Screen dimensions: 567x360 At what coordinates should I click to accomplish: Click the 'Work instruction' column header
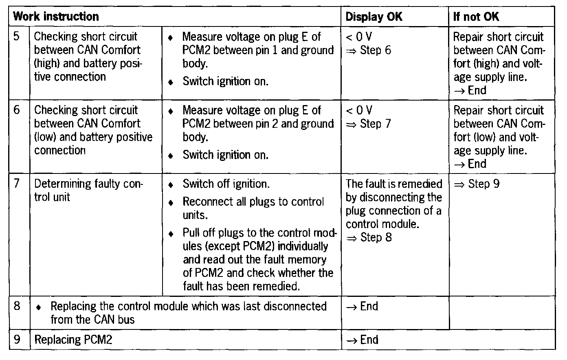point(56,17)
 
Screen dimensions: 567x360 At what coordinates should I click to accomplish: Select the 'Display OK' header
point(374,17)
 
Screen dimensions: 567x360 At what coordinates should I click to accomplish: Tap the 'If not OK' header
point(476,17)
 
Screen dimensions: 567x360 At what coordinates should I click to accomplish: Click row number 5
point(17,37)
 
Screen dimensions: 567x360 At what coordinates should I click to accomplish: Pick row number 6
point(17,110)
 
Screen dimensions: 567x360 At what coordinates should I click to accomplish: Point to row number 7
point(17,184)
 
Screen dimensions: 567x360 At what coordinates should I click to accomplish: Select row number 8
point(17,306)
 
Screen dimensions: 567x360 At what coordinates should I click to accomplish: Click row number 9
point(17,340)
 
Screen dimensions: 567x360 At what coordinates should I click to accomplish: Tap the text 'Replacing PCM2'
point(73,340)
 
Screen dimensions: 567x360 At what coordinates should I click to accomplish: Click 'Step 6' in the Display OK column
point(375,50)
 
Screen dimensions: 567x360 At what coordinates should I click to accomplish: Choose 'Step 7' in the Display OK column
point(375,124)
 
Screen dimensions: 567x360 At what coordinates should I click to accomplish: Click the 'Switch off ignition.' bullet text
point(226,184)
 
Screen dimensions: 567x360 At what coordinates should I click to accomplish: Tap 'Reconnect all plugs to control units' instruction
point(253,208)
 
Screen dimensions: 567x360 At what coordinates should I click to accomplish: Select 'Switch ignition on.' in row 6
point(225,155)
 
